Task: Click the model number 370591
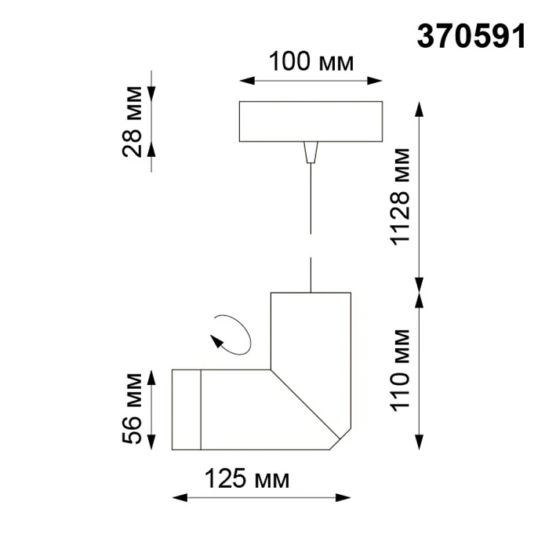(x=470, y=35)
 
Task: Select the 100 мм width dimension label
(x=311, y=60)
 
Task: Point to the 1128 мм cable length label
(x=401, y=196)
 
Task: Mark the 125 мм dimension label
(x=247, y=478)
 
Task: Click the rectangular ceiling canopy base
(x=311, y=121)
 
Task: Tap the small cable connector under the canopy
(x=311, y=151)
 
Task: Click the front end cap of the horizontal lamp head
(x=187, y=409)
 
